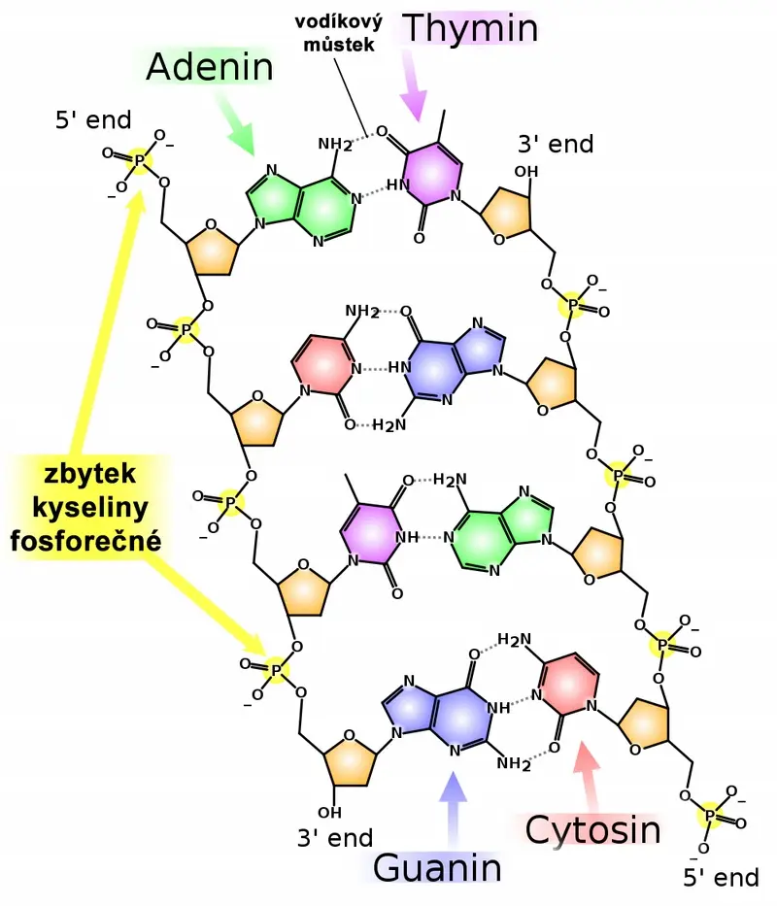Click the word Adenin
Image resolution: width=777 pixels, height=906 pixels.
(x=209, y=67)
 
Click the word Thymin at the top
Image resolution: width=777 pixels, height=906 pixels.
(x=470, y=29)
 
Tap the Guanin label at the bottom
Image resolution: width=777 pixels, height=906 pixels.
(x=437, y=868)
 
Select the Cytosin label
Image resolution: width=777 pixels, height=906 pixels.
(x=592, y=830)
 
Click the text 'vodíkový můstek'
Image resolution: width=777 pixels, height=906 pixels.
(x=339, y=33)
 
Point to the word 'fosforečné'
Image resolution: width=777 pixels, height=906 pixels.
(x=86, y=542)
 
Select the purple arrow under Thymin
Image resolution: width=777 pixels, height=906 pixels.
(x=414, y=89)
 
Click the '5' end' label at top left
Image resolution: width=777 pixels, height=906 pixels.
(x=93, y=120)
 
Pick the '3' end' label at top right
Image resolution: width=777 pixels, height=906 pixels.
(x=556, y=144)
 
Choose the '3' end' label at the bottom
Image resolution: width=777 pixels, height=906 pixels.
(x=335, y=838)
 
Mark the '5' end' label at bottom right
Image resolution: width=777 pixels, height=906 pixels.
(x=721, y=878)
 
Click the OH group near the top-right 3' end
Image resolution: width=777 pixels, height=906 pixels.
(x=526, y=172)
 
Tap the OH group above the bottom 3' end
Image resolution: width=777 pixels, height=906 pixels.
(x=329, y=813)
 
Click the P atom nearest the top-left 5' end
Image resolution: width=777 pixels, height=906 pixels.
(x=139, y=159)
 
